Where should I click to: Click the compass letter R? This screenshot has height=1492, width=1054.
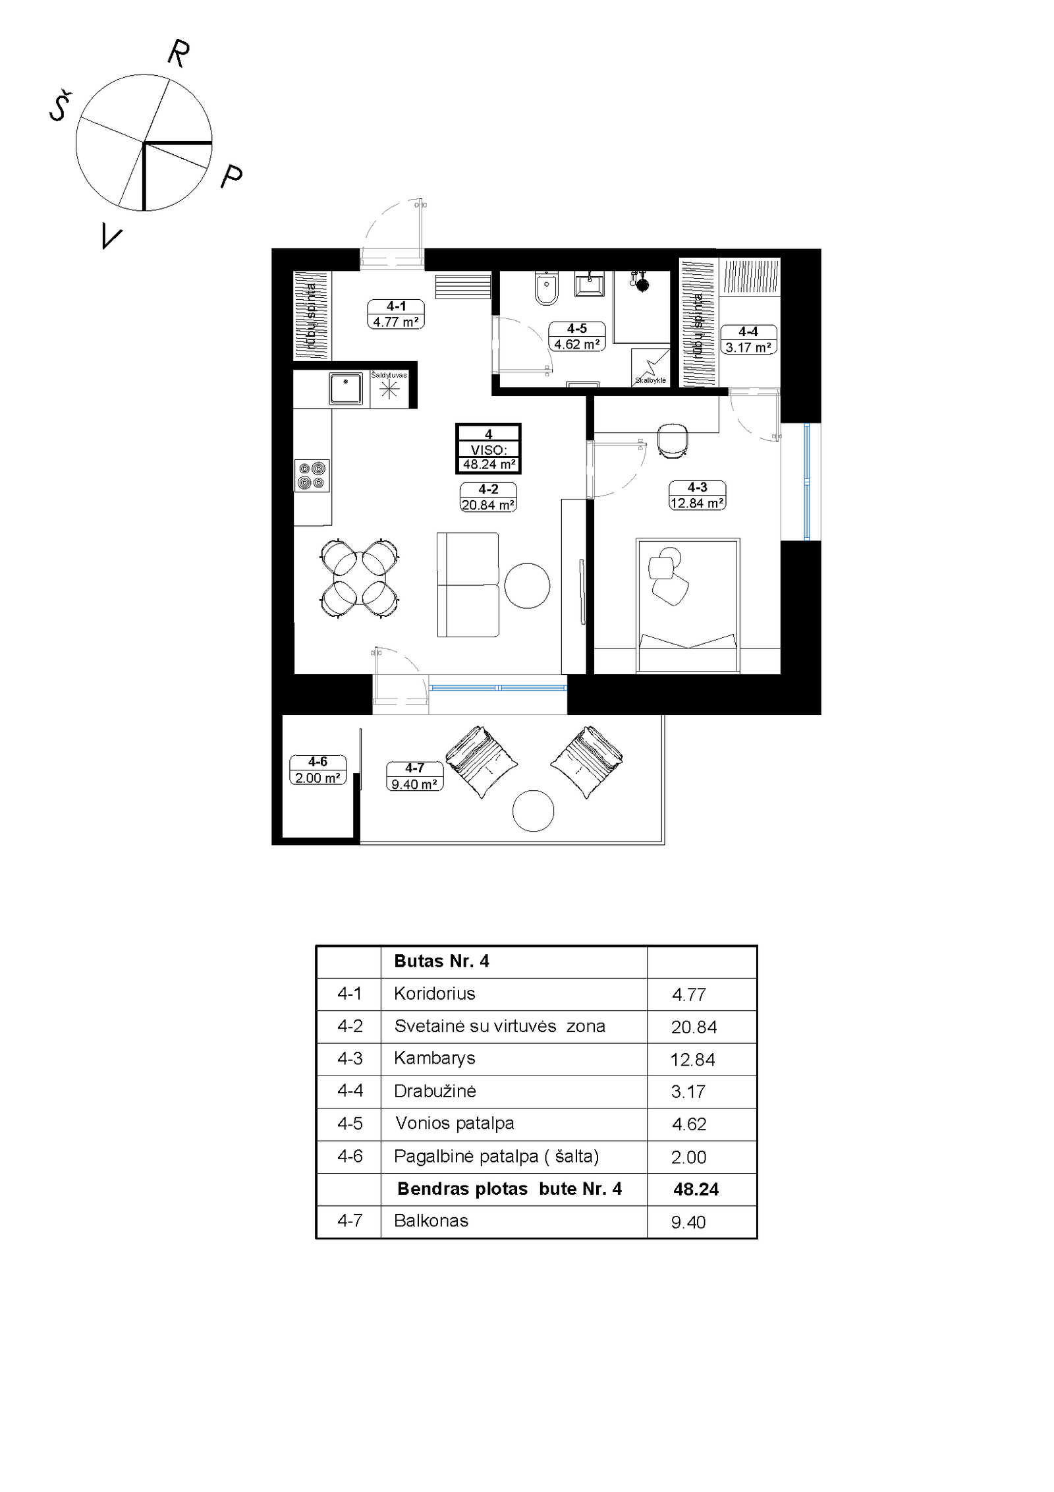pos(179,53)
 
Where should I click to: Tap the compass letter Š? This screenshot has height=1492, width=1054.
pos(61,106)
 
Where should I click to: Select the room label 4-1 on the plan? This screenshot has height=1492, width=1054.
pos(396,314)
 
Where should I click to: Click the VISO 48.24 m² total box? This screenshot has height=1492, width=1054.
pos(488,449)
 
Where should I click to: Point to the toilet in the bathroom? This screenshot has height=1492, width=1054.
pos(546,288)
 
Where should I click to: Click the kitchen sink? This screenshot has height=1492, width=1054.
pos(346,389)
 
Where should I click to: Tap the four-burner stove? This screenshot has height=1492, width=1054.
pos(312,475)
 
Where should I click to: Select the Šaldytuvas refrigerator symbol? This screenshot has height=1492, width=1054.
pos(389,388)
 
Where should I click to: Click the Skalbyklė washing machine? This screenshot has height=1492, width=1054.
pos(651,367)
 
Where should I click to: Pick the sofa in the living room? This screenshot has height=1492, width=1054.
pos(468,585)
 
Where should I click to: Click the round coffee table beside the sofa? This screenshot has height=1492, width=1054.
pos(527,585)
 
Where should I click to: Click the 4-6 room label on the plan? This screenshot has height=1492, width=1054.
pos(318,770)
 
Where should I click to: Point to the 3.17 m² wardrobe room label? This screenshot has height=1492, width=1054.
pos(748,340)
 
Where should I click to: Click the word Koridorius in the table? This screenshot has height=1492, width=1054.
pos(435,993)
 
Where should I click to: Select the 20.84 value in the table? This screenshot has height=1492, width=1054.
pos(694,1027)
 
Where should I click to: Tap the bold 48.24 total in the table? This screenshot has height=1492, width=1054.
pos(696,1189)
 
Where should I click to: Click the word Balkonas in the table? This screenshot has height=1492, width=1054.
pos(431,1220)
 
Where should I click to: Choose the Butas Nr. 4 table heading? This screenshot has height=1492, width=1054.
pos(441,961)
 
